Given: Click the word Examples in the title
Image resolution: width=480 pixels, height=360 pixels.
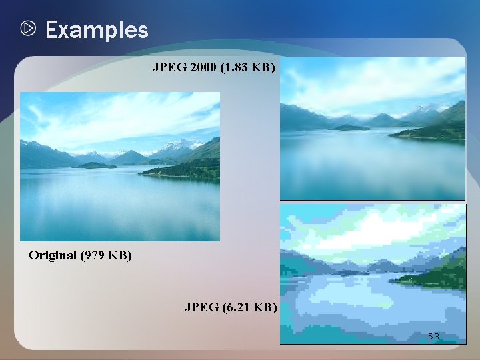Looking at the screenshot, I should (x=97, y=30).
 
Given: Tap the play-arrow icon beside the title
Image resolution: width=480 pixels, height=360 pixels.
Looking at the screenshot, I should (x=28, y=29).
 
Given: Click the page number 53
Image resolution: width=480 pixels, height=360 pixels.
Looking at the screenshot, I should (x=433, y=337).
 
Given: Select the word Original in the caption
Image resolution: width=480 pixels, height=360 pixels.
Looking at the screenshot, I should (x=52, y=255).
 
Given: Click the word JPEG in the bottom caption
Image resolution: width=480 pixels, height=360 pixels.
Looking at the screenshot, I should (x=199, y=307).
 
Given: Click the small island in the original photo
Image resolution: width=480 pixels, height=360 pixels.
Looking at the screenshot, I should (x=95, y=165).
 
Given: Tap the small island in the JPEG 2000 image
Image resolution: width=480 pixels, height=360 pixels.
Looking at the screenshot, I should (x=350, y=127).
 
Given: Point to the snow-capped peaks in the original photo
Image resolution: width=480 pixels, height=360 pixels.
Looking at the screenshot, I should (x=179, y=145).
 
